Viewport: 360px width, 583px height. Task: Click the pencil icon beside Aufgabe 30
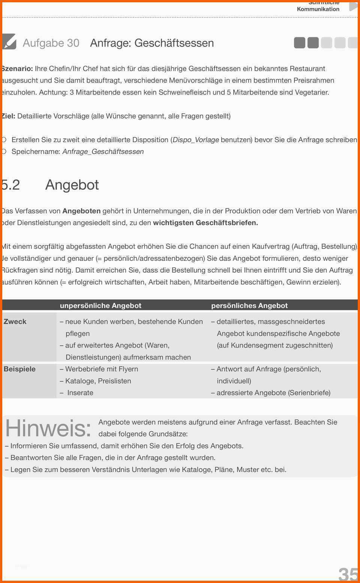click(9, 42)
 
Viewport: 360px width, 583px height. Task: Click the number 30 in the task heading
click(73, 43)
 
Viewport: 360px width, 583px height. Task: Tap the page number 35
click(348, 574)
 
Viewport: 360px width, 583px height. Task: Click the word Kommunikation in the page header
click(318, 9)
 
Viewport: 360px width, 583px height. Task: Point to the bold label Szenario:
click(17, 69)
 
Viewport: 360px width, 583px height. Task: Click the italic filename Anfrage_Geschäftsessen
click(103, 151)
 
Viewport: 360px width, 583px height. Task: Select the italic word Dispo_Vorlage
click(196, 140)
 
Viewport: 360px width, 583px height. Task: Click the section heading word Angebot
click(72, 185)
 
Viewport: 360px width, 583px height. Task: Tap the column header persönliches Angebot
click(249, 306)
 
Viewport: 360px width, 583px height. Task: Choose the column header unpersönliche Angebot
click(100, 306)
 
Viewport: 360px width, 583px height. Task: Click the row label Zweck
click(15, 321)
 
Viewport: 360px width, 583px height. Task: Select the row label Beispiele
click(19, 369)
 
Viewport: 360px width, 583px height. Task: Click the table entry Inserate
click(80, 393)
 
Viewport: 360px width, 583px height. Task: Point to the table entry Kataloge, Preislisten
click(98, 381)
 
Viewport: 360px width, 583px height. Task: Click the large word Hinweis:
click(48, 428)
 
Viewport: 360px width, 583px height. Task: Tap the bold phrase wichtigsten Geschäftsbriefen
click(205, 223)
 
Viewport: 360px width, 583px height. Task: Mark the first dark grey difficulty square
click(300, 43)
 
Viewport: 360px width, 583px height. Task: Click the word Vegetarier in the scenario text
click(311, 92)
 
